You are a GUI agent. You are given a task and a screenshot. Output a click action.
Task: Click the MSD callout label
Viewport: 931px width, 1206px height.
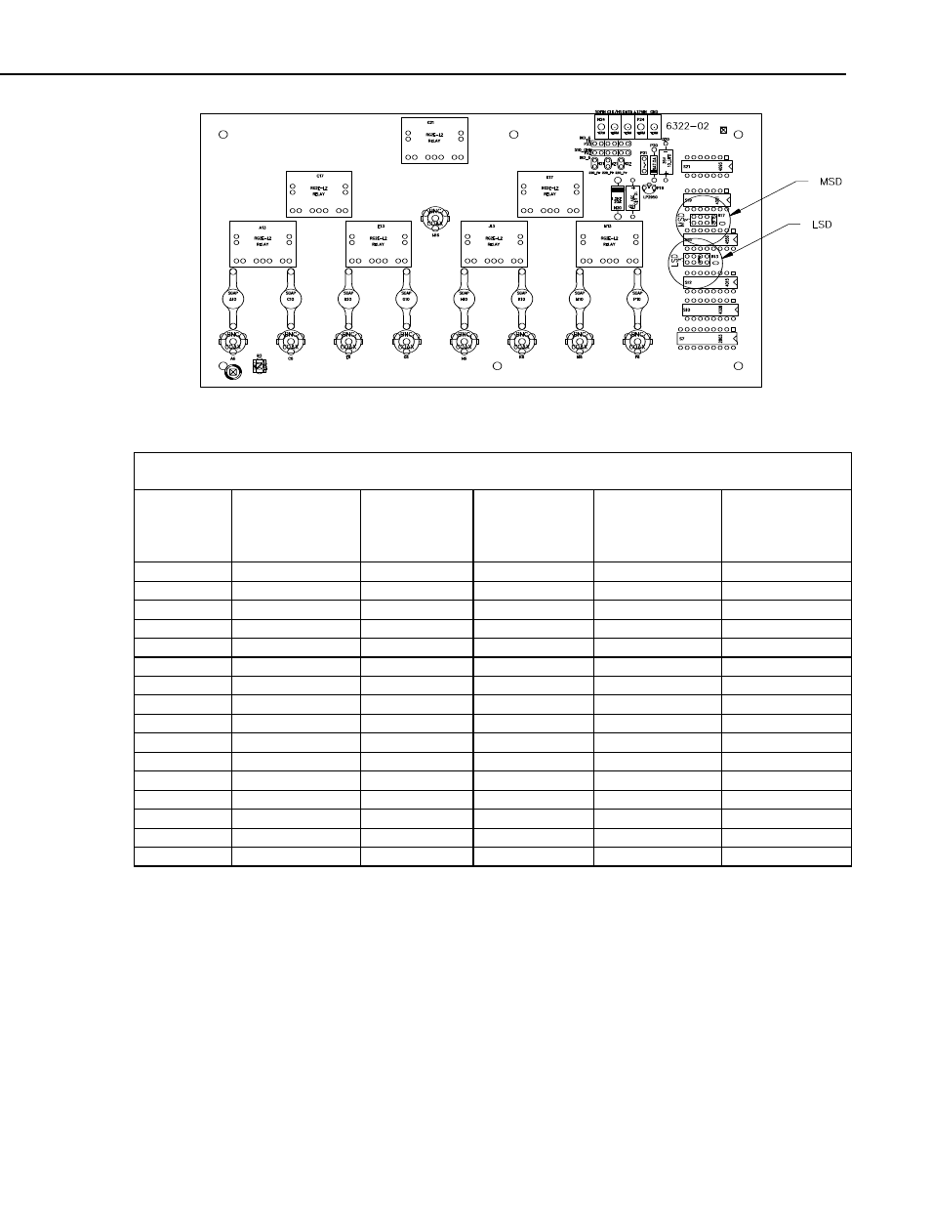pos(830,183)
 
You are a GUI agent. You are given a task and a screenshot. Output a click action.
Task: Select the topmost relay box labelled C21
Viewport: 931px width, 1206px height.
pos(434,141)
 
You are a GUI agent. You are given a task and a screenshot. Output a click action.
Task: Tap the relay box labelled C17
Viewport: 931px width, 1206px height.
pos(319,193)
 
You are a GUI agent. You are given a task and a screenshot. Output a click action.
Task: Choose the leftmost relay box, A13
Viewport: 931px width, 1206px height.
pos(263,242)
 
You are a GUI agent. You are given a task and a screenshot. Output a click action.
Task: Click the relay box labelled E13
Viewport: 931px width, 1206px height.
pos(379,242)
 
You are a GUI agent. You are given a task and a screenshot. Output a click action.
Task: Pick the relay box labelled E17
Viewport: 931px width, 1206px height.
pos(549,193)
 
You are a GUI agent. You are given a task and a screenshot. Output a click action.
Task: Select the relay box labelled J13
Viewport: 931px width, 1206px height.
pos(494,242)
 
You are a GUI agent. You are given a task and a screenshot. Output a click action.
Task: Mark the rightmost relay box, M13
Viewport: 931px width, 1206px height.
pos(609,242)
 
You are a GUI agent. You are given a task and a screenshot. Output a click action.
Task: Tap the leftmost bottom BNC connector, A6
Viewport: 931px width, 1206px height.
pos(232,341)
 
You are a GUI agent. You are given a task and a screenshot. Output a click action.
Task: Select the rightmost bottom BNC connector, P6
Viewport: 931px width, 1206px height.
pos(636,341)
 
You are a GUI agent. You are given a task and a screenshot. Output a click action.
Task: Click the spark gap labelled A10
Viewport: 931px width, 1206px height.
pos(232,299)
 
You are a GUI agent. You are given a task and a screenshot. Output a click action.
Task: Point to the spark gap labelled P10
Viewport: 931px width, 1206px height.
pos(636,299)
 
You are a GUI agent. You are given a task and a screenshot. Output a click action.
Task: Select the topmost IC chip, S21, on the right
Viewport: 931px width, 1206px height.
pos(708,167)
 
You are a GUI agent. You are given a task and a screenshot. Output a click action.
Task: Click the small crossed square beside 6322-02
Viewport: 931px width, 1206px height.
pos(722,129)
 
